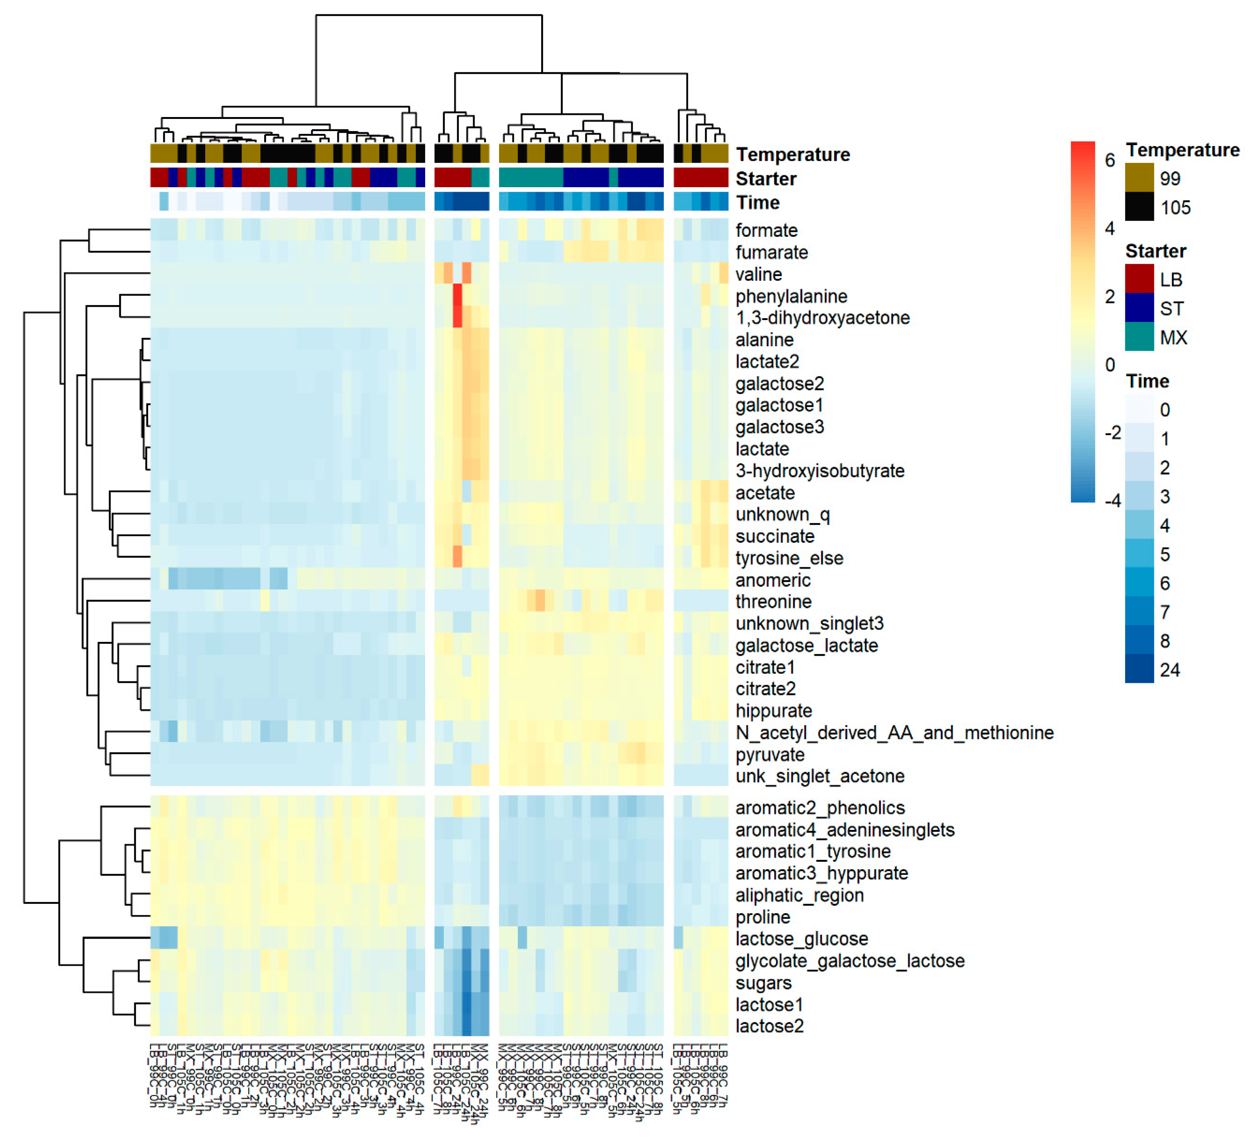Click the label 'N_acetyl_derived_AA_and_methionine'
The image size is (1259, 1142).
[894, 732]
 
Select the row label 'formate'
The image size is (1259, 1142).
[766, 230]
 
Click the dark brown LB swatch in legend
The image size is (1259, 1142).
[1139, 279]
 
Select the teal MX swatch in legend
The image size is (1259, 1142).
[1139, 337]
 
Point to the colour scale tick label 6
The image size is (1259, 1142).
[1109, 161]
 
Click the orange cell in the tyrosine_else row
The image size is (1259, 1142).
[457, 556]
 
